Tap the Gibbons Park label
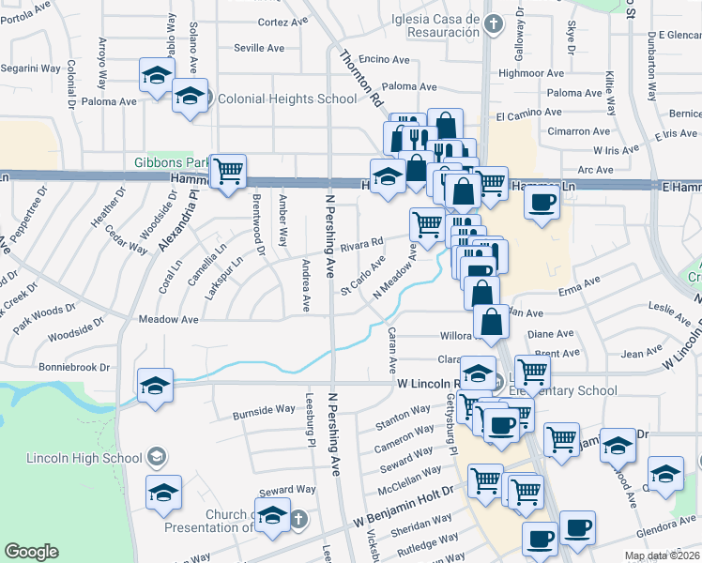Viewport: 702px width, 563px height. coord(171,162)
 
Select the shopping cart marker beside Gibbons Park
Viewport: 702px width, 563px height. coord(228,172)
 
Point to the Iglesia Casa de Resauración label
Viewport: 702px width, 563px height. coord(413,25)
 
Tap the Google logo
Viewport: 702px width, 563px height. coord(31,552)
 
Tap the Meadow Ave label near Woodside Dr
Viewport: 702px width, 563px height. coord(168,319)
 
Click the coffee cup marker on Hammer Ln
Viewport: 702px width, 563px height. coord(542,203)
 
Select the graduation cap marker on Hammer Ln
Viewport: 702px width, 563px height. coord(387,176)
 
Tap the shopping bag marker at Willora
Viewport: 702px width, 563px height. coord(492,324)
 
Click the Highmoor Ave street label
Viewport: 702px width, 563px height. coord(531,72)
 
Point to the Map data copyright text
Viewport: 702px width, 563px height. coord(661,555)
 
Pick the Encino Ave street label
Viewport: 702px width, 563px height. coord(385,59)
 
